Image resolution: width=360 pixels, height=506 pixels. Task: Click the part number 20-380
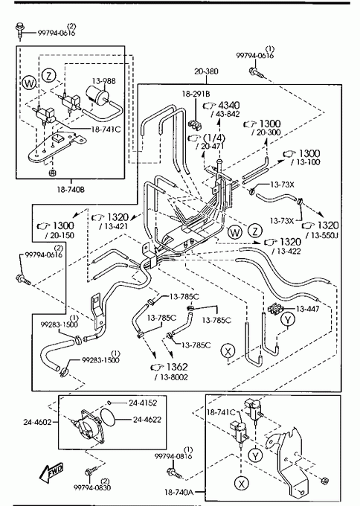[x=206, y=71]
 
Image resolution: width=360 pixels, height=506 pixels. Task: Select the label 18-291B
[x=196, y=94]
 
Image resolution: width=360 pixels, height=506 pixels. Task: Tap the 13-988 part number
[x=104, y=81]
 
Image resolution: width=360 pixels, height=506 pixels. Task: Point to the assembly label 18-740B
[x=71, y=190]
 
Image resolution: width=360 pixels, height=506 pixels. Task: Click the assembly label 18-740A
[x=179, y=492]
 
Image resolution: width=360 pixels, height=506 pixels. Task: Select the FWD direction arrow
[x=51, y=473]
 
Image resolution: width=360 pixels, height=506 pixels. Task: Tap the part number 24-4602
[x=37, y=422]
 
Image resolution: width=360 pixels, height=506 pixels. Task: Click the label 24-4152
[x=143, y=403]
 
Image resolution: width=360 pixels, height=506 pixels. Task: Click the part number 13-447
[x=307, y=309]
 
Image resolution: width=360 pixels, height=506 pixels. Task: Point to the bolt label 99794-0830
[x=92, y=487]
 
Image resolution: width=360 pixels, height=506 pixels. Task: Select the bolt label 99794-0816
[x=173, y=456]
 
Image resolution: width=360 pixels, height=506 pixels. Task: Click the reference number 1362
[x=177, y=367]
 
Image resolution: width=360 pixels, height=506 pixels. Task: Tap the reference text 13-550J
[x=321, y=236]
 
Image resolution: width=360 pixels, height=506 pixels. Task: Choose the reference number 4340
[x=229, y=105]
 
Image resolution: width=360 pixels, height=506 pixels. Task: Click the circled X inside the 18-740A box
[x=241, y=483]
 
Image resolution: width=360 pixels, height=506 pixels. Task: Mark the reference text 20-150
[x=60, y=235]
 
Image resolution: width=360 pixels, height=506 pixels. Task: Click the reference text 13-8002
[x=171, y=377]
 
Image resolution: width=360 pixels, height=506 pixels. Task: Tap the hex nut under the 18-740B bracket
[x=53, y=173]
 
